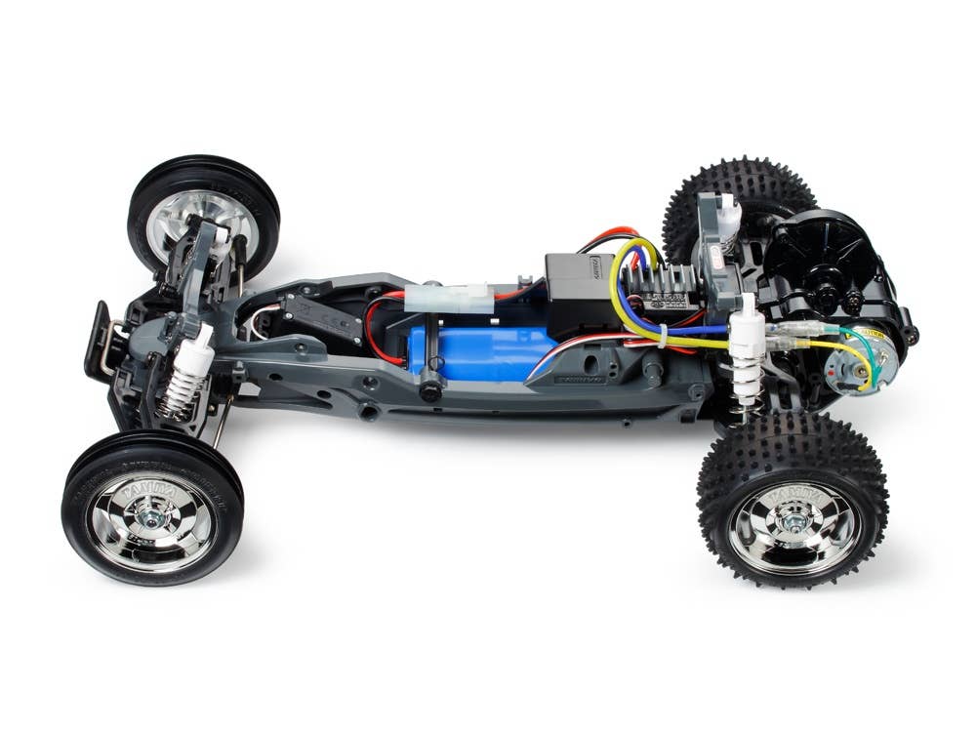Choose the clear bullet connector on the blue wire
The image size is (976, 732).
(786, 343)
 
